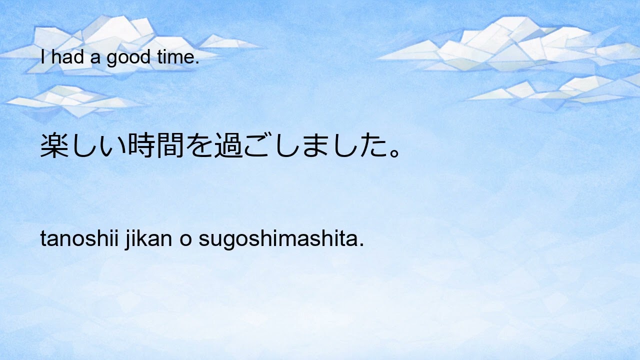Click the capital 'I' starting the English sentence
[43, 58]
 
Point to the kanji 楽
[54, 145]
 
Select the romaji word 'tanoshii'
[79, 240]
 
